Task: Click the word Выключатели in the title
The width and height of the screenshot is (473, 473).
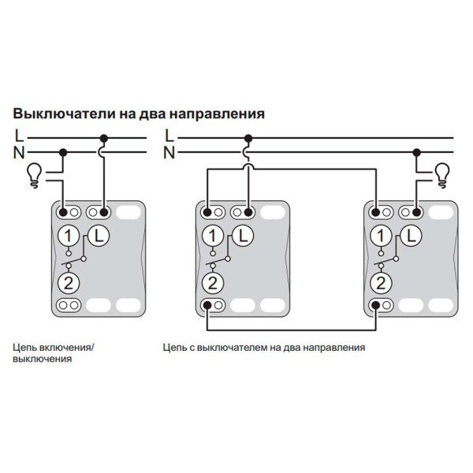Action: coord(56,113)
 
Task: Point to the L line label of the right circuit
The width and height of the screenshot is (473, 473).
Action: coord(168,136)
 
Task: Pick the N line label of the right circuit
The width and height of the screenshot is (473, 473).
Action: coord(168,152)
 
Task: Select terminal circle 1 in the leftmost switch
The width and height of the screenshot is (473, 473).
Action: coord(69,235)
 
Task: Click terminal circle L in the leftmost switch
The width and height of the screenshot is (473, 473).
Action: coord(98,234)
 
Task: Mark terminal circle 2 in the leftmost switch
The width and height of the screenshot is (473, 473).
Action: coord(69,282)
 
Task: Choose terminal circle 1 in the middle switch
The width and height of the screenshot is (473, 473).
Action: coord(212,235)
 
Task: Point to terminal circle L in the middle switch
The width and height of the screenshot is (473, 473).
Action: coord(241,234)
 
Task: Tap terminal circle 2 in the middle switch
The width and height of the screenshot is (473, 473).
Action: coord(212,282)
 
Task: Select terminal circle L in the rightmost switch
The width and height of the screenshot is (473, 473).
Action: coord(411,234)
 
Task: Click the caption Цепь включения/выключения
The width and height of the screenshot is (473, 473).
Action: coord(52,352)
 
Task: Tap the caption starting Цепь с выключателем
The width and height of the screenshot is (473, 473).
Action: coord(264,346)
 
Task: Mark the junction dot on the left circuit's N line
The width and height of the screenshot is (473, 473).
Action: coord(65,152)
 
